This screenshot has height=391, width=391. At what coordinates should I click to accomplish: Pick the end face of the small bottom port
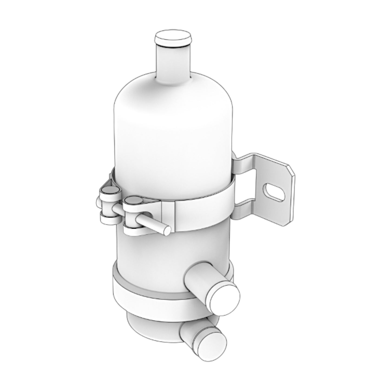(x=212, y=344)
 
